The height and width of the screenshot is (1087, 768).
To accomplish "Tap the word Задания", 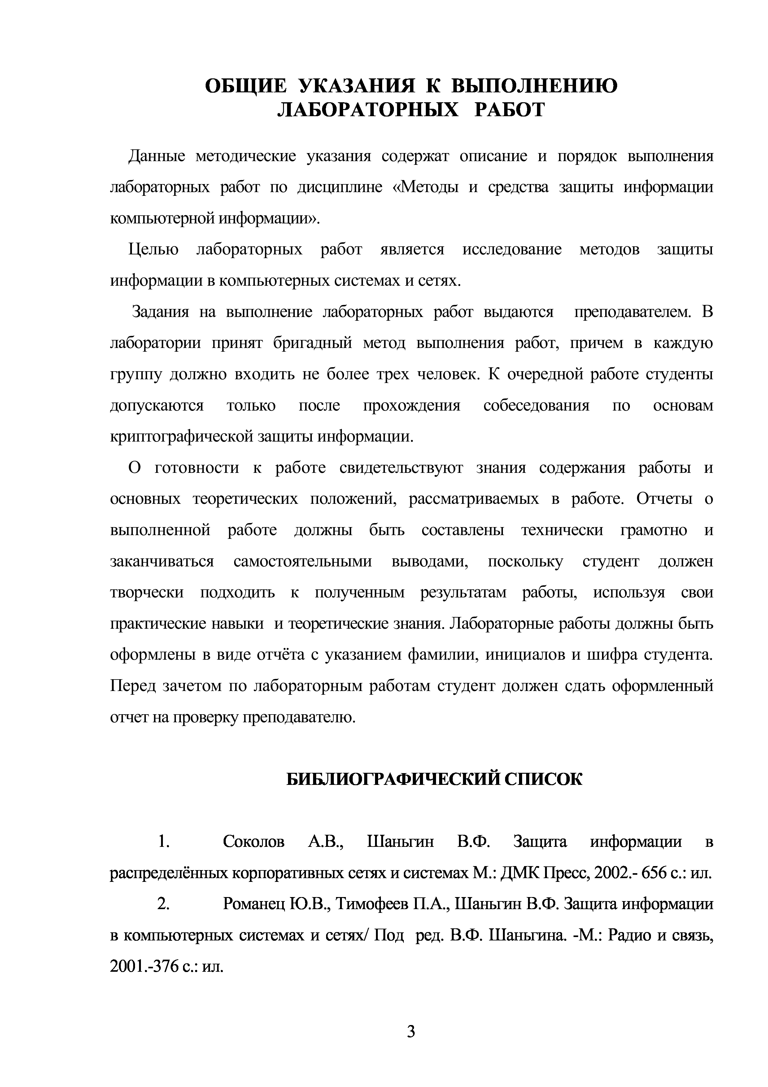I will pos(160,312).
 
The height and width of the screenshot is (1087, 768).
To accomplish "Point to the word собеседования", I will pos(536,406).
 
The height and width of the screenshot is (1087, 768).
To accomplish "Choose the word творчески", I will pos(147,593).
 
